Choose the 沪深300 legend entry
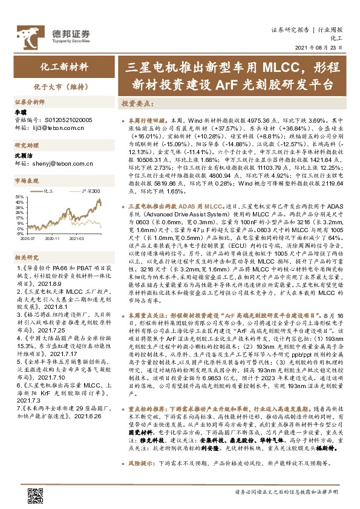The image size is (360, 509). click(91, 190)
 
